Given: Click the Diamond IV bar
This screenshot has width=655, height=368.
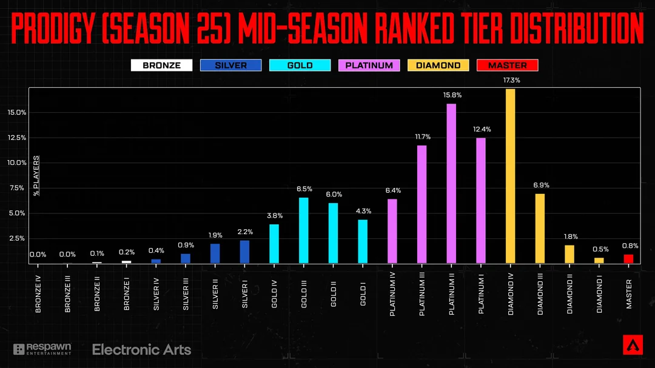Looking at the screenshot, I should (x=510, y=176).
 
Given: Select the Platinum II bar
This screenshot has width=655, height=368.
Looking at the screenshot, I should (x=451, y=183).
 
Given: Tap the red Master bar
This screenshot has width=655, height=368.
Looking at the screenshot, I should (x=628, y=258).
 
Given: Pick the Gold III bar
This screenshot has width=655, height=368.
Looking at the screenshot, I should (x=303, y=230).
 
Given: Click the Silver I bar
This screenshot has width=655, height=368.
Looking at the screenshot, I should (x=244, y=252).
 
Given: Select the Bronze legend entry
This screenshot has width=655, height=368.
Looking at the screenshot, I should (x=161, y=65).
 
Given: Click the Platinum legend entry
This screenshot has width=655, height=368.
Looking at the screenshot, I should (x=369, y=65).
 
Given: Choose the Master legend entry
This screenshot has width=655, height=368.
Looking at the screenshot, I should (x=507, y=65).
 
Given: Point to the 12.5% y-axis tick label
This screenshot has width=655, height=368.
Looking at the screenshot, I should (x=16, y=138).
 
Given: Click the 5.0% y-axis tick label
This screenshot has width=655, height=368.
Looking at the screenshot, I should (x=16, y=213).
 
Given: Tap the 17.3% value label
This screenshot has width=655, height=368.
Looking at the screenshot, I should (x=511, y=80).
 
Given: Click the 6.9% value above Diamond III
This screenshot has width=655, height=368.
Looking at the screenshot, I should (x=540, y=185).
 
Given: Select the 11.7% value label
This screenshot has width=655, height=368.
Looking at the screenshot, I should (x=422, y=136).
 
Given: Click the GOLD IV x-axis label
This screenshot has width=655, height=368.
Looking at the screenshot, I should (x=275, y=294).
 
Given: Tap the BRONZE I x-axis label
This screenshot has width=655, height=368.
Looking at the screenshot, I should (x=127, y=295).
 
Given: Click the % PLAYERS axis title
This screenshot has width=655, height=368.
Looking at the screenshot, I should (x=36, y=176).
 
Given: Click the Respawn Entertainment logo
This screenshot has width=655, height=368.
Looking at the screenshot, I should (x=42, y=349).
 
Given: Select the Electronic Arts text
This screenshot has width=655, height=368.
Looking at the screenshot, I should (x=141, y=350).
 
